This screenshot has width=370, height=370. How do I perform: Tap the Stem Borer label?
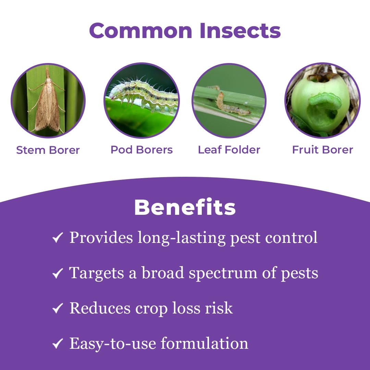[48, 150]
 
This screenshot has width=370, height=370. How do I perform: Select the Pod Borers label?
[141, 150]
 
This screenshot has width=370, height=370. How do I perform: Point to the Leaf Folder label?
[229, 150]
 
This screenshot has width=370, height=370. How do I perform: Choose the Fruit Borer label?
[322, 150]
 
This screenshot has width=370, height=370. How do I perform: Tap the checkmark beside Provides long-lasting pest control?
[57, 238]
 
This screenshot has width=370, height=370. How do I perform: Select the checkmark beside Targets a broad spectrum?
[57, 274]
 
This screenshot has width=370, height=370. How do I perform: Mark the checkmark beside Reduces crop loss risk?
[57, 309]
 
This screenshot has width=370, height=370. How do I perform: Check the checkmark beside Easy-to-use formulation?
[57, 344]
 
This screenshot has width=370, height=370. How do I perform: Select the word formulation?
[205, 343]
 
